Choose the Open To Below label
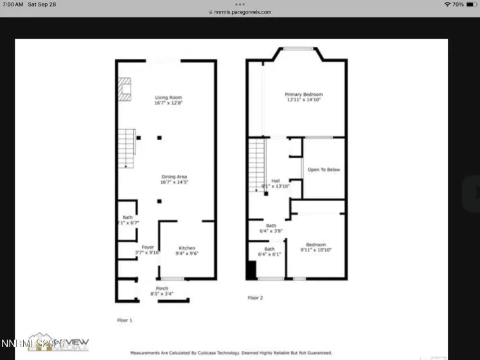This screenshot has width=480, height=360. click(x=324, y=170)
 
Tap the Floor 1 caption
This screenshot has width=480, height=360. click(x=124, y=319)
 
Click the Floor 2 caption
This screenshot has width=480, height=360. click(x=256, y=298)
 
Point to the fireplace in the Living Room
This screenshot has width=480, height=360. click(x=125, y=89)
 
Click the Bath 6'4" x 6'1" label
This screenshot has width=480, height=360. click(x=269, y=251)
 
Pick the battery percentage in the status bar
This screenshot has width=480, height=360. click(x=458, y=4)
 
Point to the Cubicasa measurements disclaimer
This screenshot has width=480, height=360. click(x=231, y=353)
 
